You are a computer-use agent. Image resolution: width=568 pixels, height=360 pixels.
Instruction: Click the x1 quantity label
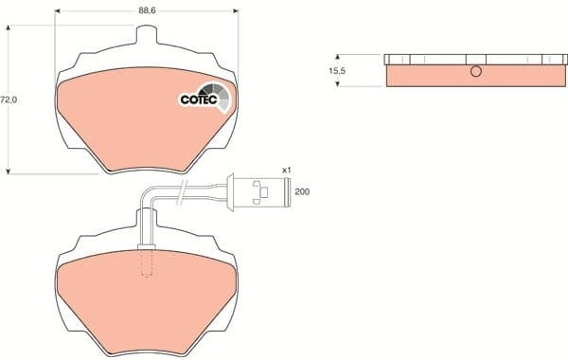coord(286,169)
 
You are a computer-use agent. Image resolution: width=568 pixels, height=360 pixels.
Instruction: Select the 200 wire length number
coord(302,191)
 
